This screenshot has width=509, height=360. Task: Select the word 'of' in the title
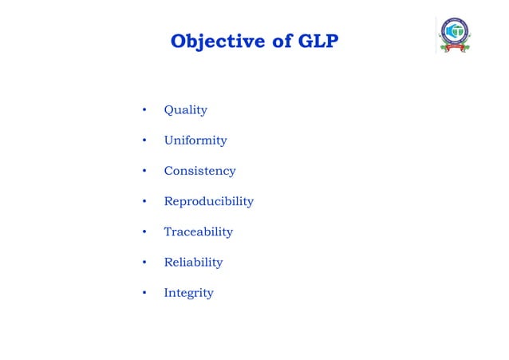tap(279, 41)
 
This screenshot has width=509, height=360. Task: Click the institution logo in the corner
tap(456, 35)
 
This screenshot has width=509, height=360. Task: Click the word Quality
tap(185, 109)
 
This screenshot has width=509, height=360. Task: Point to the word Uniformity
tap(195, 140)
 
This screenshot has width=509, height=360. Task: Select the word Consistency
tap(199, 171)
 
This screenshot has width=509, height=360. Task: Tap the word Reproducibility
tap(208, 201)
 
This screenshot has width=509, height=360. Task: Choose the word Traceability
tap(198, 231)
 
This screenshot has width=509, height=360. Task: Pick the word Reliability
tap(193, 262)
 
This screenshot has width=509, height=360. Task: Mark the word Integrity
tap(188, 293)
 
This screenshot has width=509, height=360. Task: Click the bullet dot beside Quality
tap(144, 110)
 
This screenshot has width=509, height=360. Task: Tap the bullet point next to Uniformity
tap(144, 140)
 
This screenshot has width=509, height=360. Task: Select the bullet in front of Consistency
tap(144, 171)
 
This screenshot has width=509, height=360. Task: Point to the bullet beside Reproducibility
tap(144, 201)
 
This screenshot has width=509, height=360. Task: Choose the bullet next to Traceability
tap(144, 232)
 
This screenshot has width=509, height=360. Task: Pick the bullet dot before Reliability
tap(144, 263)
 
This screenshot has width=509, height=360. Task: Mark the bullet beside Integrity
tap(144, 293)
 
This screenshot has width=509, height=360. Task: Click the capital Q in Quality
tap(168, 109)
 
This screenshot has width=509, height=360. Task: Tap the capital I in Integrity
tap(166, 292)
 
